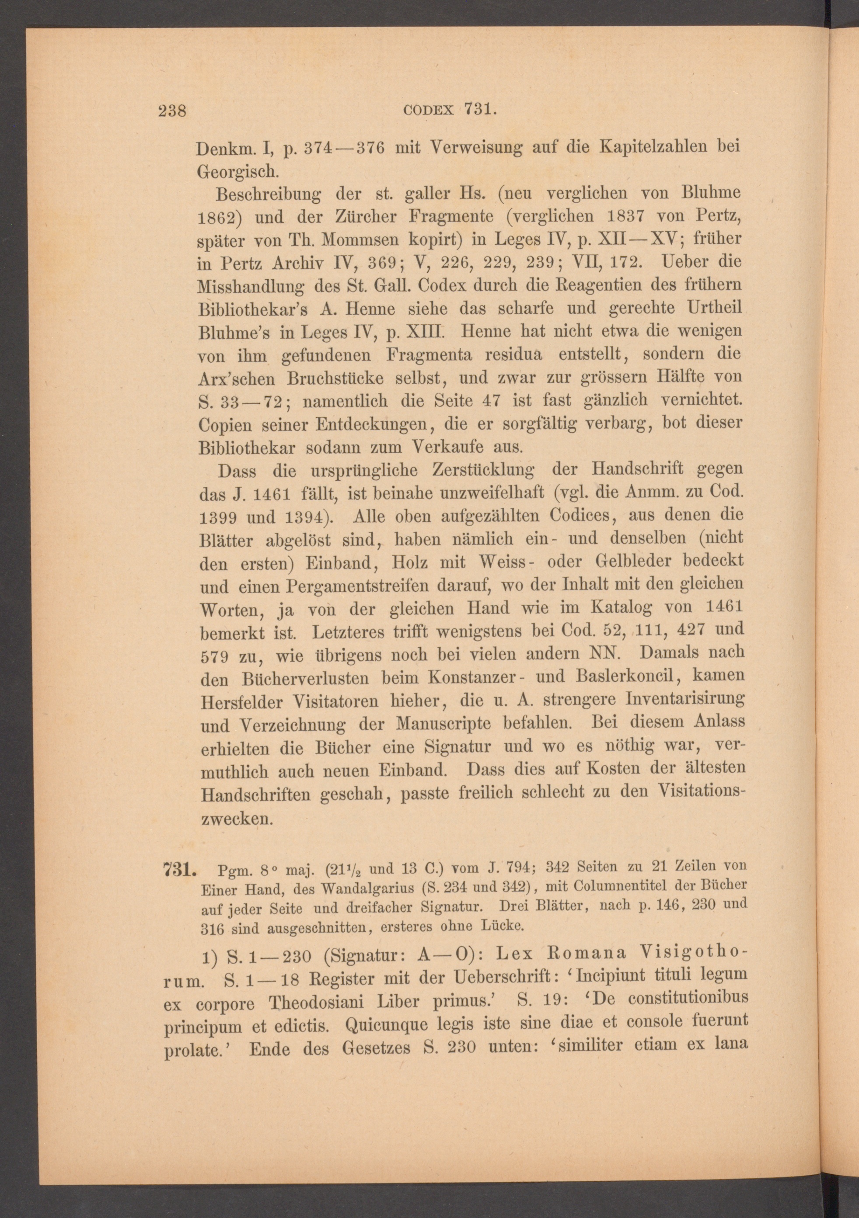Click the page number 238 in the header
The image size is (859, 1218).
click(x=171, y=111)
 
